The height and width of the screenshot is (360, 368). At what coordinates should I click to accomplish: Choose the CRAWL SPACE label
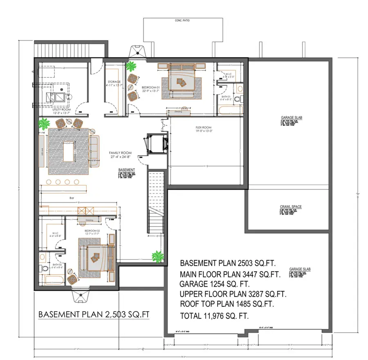(x=291, y=207)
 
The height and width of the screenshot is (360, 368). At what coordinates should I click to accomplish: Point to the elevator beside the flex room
(x=157, y=143)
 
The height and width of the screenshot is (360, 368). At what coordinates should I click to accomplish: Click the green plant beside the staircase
(x=157, y=257)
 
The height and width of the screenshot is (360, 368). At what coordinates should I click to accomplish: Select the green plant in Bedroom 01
(x=131, y=66)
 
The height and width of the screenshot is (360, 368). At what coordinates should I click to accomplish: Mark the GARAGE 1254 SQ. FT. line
(x=214, y=283)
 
